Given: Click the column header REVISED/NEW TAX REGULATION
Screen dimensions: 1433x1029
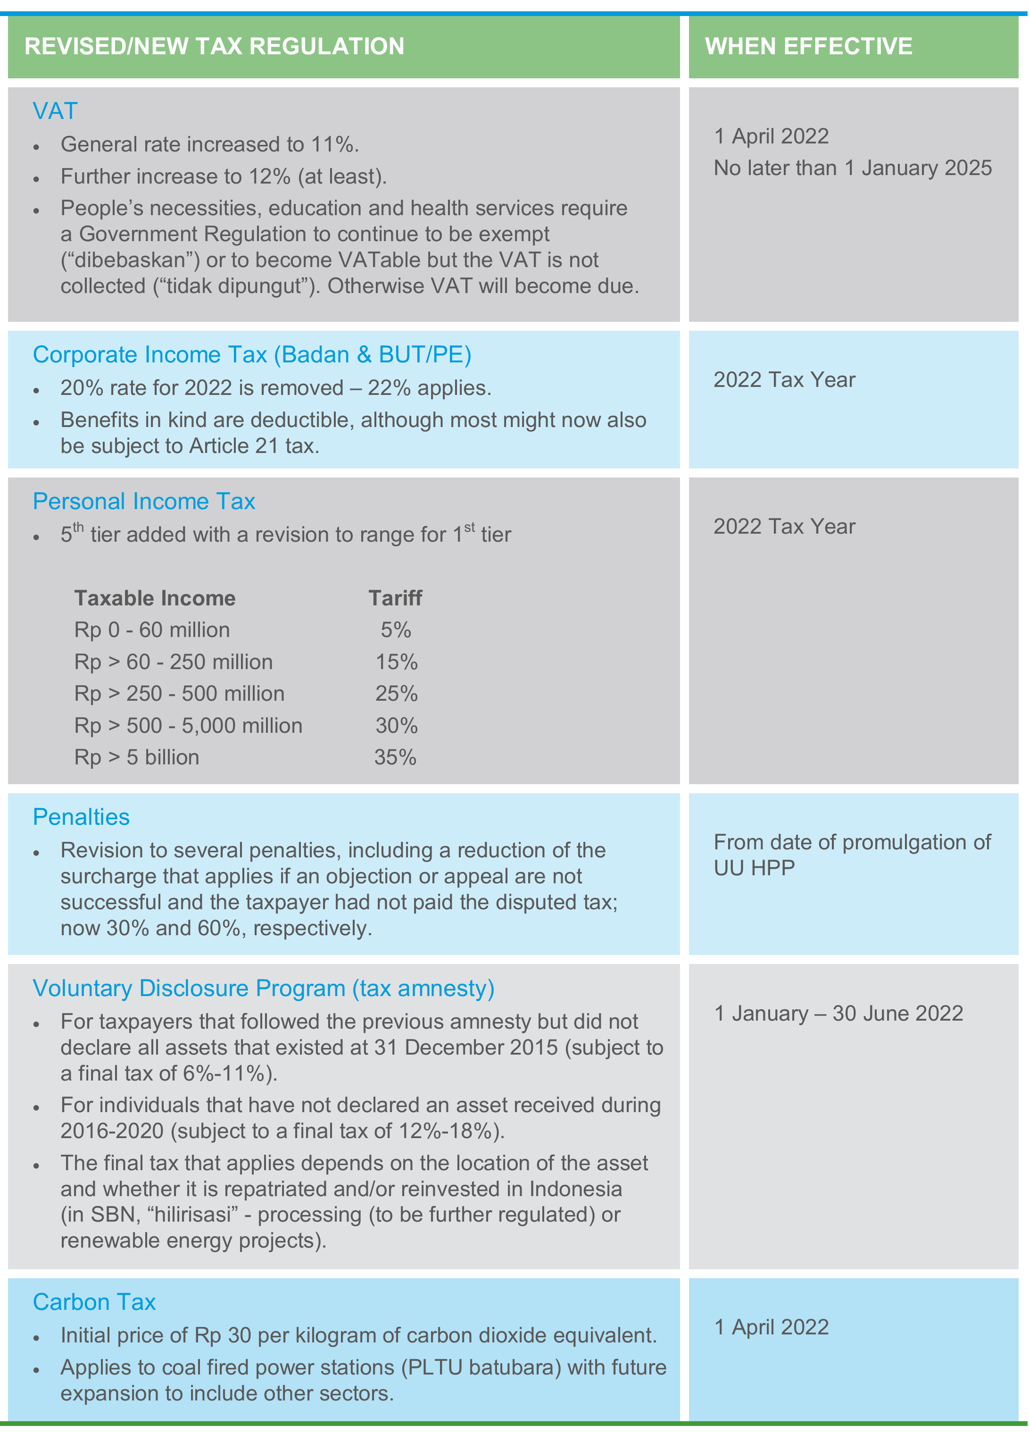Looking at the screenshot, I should coord(214,47).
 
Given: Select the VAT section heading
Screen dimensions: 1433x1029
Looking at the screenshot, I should coord(55,111).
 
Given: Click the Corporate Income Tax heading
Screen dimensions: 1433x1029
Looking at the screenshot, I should coord(252,355).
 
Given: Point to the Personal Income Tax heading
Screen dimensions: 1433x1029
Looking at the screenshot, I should coord(144,502).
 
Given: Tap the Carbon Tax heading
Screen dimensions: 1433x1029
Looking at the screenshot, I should coord(94,1302).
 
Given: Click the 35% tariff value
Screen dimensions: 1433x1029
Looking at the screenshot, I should coord(396,758).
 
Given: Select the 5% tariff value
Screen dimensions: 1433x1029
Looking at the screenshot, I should coord(396,630).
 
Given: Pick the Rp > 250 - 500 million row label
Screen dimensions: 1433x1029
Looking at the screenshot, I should coord(179,694).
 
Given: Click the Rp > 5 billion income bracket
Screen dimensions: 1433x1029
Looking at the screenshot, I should coord(136,758).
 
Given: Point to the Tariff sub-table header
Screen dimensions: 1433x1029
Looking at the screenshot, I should coord(396,598).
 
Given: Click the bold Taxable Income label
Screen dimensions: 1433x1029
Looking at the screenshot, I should coord(155,598).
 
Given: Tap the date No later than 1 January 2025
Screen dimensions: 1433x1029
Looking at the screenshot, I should coord(852,168).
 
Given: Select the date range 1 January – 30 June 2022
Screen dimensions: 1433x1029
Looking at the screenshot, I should coord(838,1014).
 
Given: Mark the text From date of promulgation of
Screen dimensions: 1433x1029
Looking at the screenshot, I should coord(852,843).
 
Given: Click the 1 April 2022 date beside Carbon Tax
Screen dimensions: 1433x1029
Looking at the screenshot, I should coord(771,1327).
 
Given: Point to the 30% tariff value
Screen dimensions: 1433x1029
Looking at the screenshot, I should coord(397,726).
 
